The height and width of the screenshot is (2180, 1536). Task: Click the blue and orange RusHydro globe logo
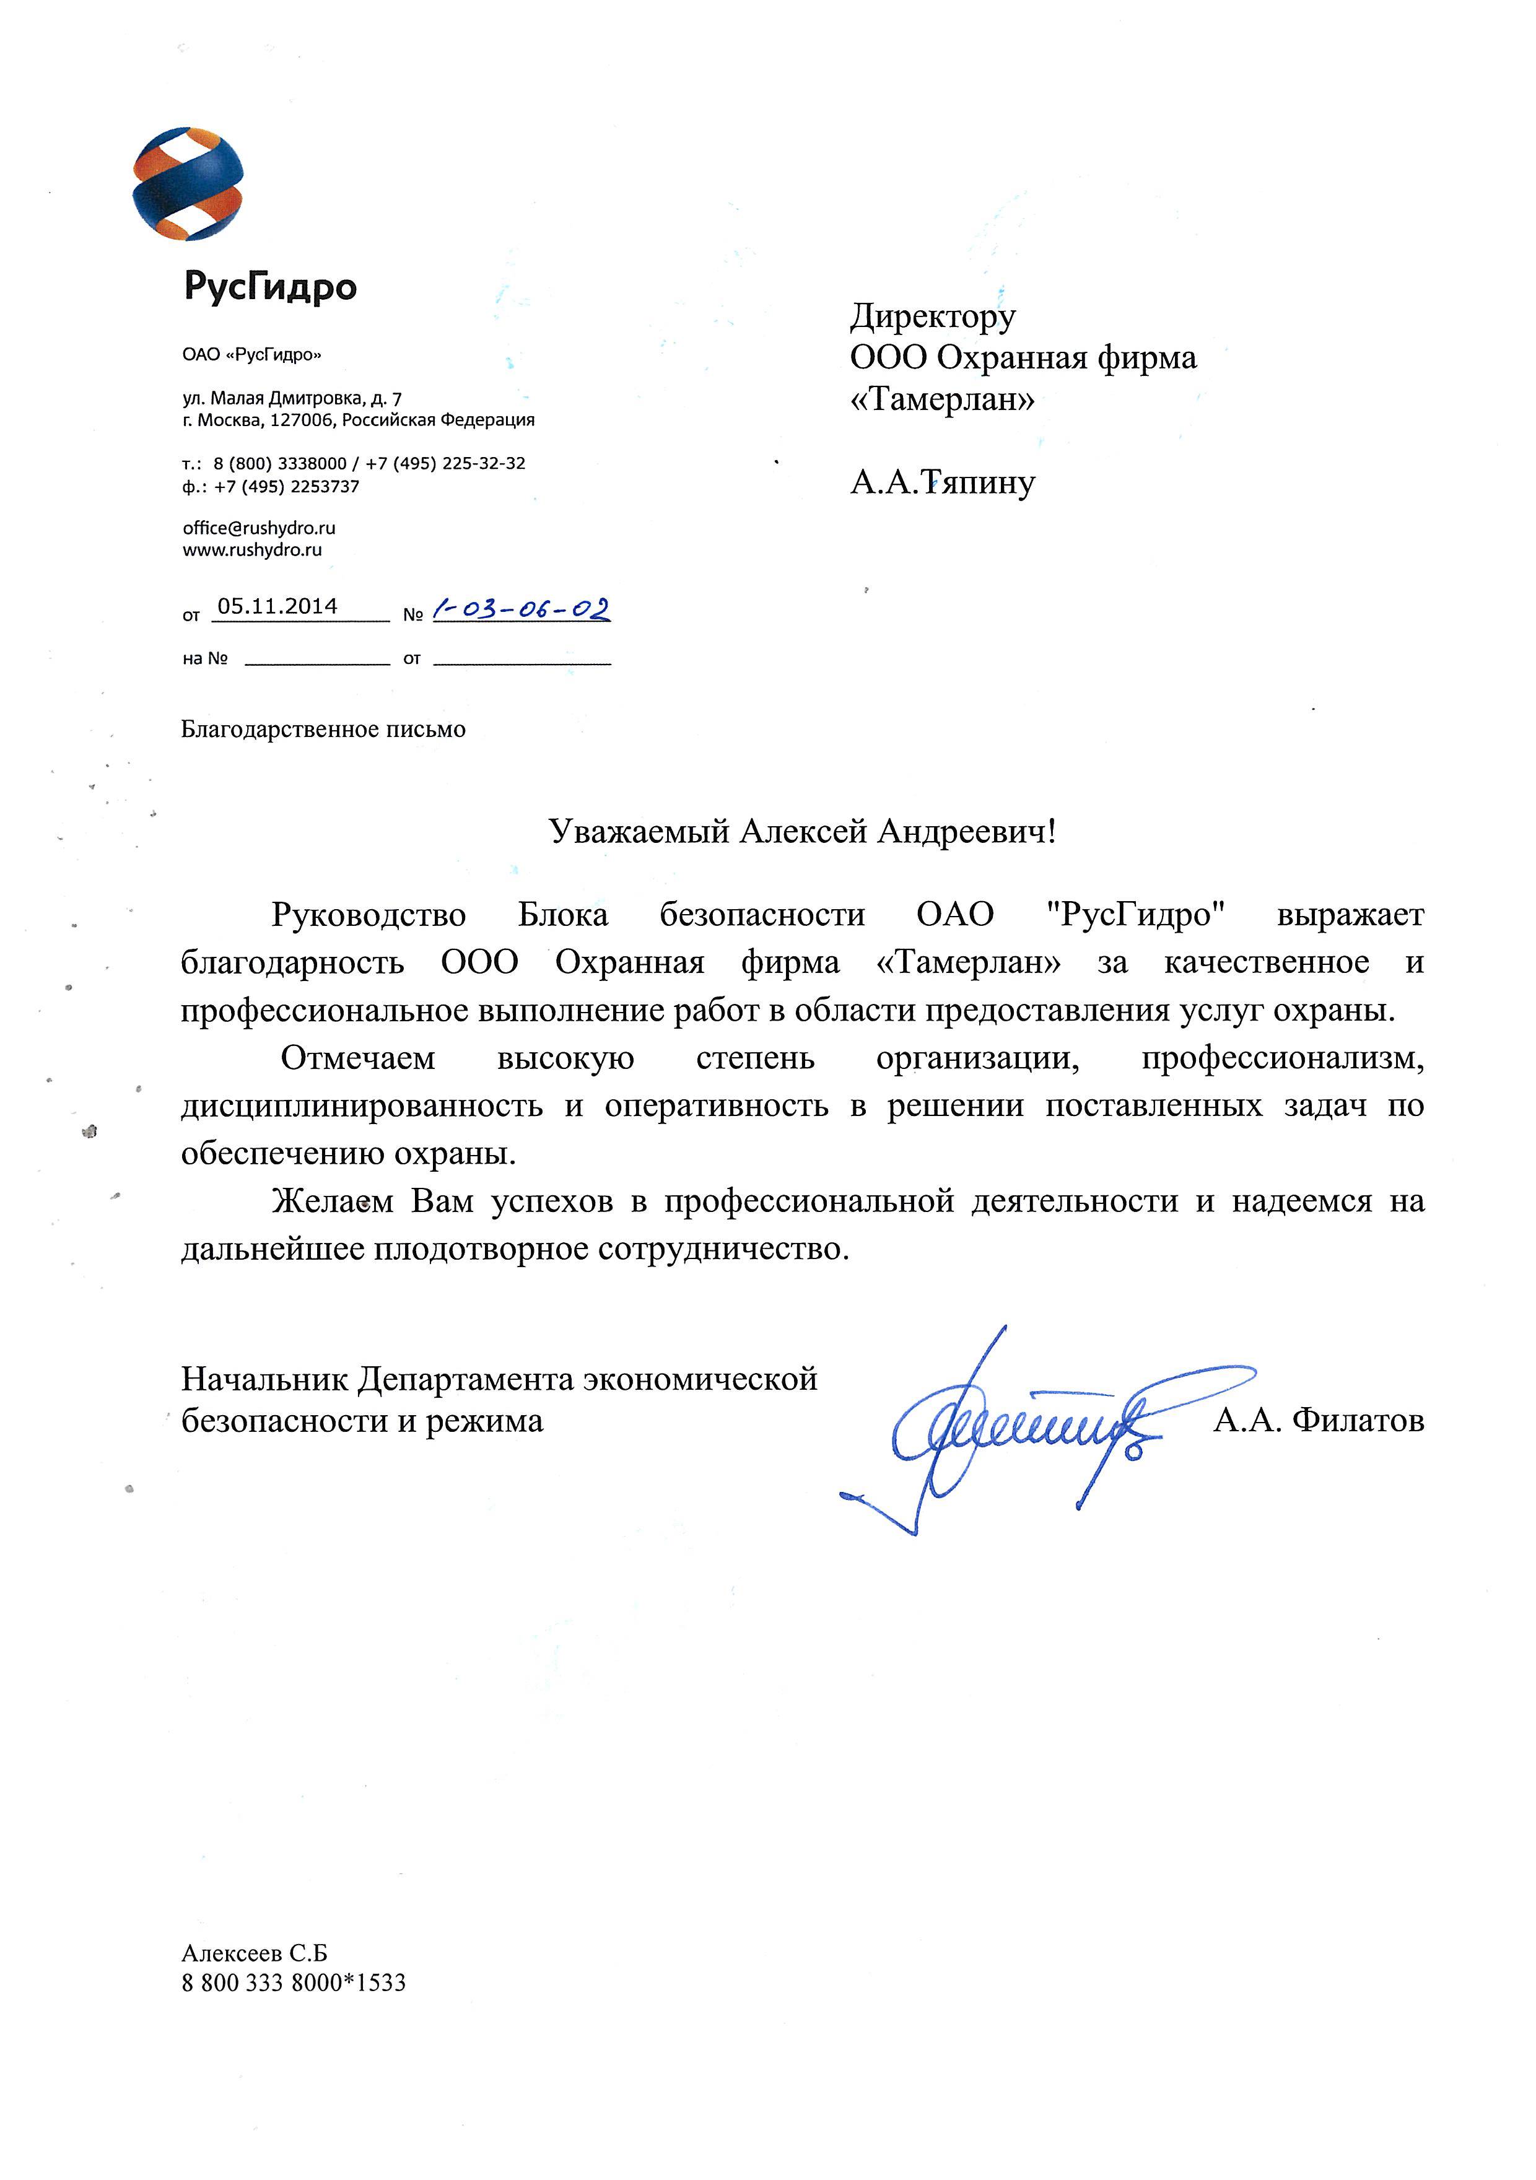(x=188, y=183)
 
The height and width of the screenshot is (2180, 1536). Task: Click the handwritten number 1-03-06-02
(x=520, y=609)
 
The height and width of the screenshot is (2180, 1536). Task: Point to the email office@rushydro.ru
(x=259, y=528)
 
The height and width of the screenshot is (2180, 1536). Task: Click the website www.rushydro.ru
(x=253, y=550)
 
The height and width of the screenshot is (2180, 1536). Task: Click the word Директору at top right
(x=932, y=316)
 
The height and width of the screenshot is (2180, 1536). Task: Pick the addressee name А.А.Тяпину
(x=941, y=482)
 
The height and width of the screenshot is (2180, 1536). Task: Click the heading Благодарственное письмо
(x=323, y=729)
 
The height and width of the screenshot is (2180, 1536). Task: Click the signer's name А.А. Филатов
(x=1317, y=1421)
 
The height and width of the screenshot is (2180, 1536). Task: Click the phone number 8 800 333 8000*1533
(x=294, y=1982)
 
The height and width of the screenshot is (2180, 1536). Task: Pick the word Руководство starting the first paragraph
(x=369, y=914)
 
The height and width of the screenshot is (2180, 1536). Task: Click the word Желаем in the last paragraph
(x=332, y=1201)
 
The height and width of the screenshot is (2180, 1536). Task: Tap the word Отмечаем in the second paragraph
(x=358, y=1058)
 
